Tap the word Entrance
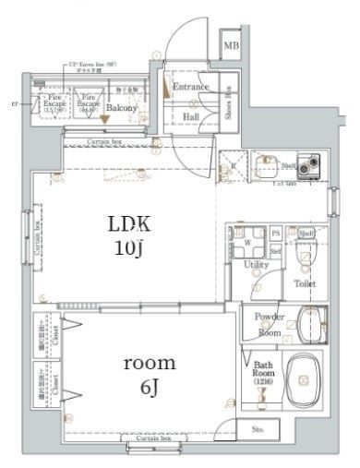191,88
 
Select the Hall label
191,117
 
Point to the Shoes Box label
229,104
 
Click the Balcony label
121,108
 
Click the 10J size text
130,248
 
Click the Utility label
256,265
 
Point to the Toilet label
306,283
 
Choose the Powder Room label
269,324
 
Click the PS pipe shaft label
275,233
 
